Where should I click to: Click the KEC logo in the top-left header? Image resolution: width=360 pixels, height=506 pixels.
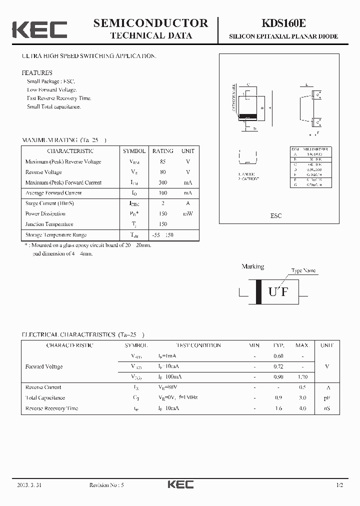tap(39, 29)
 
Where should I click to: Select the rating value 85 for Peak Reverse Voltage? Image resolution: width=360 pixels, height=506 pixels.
tap(162, 161)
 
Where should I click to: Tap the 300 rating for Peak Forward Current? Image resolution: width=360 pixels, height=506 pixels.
tap(162, 182)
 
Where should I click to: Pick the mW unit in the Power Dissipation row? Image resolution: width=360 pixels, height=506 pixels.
tap(187, 214)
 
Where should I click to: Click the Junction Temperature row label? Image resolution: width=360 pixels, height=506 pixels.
tap(49, 224)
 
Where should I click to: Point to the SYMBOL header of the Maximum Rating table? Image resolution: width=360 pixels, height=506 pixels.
tap(134, 151)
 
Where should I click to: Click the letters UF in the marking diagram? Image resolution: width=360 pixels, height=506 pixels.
tap(278, 292)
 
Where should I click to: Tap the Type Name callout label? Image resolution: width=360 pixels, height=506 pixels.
tap(303, 270)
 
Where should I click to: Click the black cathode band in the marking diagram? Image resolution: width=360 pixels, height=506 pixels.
tap(258, 291)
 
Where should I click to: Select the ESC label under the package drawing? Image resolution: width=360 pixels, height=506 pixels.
tap(276, 215)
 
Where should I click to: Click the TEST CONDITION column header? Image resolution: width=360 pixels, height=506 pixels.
tap(198, 345)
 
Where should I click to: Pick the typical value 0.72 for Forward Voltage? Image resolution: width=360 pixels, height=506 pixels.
tap(278, 366)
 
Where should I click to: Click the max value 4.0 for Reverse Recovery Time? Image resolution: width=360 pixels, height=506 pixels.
tap(302, 408)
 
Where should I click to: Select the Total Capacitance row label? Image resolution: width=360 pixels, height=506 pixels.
tap(45, 398)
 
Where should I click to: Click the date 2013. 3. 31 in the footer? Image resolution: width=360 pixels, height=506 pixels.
tap(26, 485)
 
